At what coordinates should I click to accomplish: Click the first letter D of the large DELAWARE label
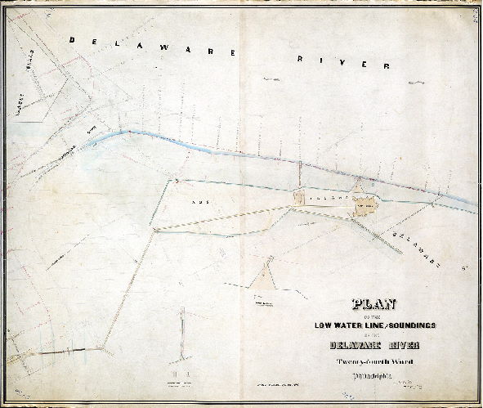click(x=73, y=38)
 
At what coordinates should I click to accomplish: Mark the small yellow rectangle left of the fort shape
click(x=299, y=197)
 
